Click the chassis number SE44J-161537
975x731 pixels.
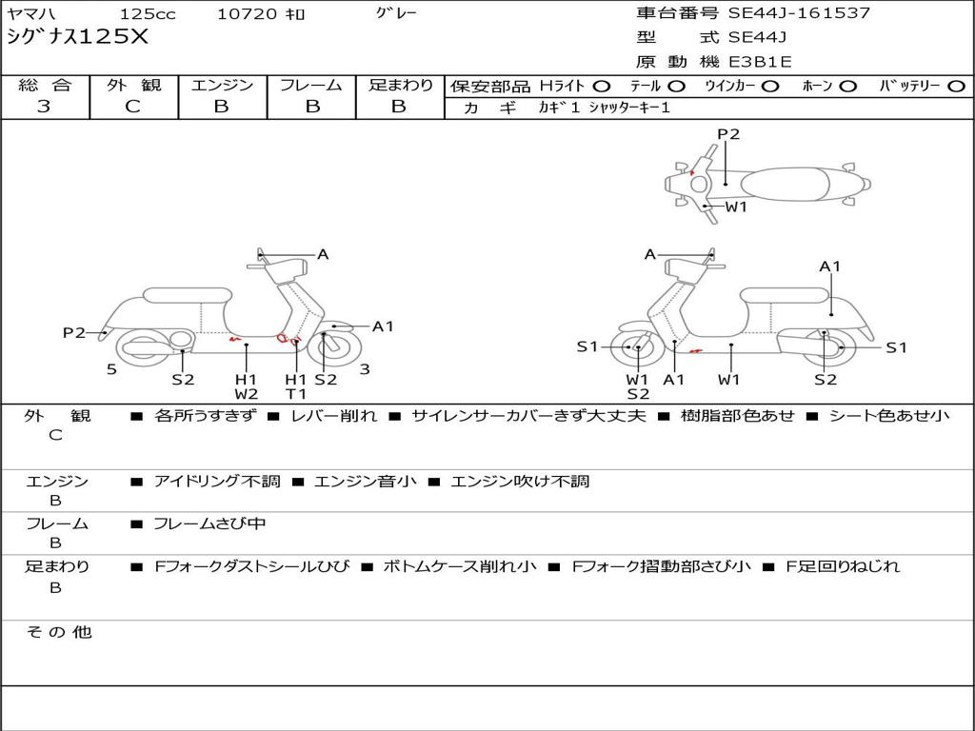point(799,13)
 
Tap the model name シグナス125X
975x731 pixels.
point(78,37)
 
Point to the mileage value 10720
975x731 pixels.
point(247,13)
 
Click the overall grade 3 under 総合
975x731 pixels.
point(44,106)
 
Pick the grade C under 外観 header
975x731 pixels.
point(132,106)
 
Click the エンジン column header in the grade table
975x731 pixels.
point(222,85)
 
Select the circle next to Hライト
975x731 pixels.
point(602,87)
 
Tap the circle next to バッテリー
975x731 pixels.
point(956,87)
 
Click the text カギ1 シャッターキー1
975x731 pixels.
point(605,108)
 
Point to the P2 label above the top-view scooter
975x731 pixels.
point(728,134)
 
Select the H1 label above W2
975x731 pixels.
point(246,379)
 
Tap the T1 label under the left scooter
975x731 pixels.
point(296,394)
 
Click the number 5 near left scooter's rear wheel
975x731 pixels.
point(111,369)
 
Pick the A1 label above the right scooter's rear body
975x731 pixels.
point(829,267)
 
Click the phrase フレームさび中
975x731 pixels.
point(209,524)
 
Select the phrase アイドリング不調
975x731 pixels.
point(217,481)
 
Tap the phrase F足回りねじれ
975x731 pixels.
point(843,566)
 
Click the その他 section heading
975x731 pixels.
point(58,632)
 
